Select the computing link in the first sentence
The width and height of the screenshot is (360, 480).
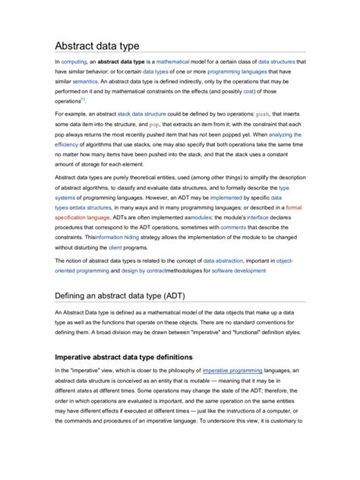point(74,61)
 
